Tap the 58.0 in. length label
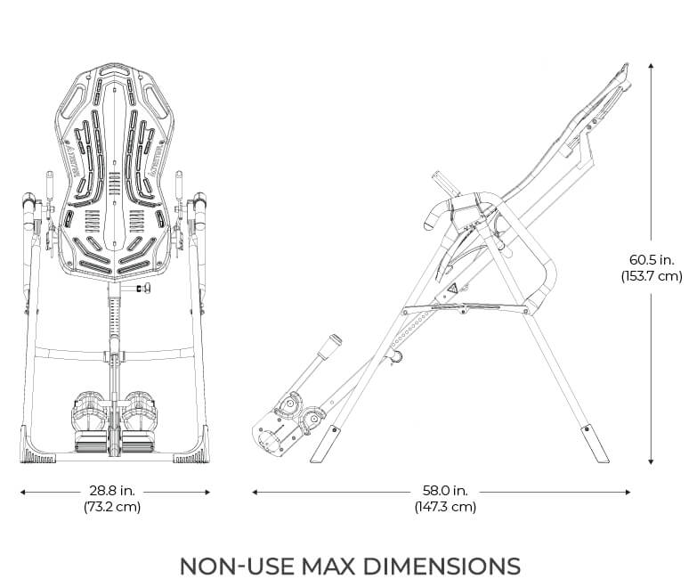click(x=444, y=491)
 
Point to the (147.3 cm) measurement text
click(x=444, y=507)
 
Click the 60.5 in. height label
click(x=651, y=259)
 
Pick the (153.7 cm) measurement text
click(x=651, y=276)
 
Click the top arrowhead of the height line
click(x=651, y=64)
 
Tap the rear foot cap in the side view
click(x=589, y=442)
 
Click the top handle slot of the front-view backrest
click(x=113, y=69)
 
